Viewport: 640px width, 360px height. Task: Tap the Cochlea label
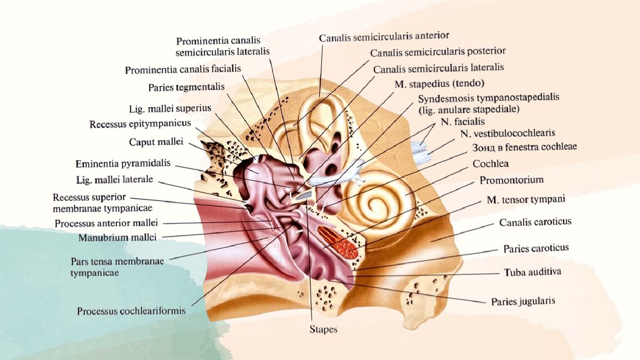pos(490,164)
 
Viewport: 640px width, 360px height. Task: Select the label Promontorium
pos(511,180)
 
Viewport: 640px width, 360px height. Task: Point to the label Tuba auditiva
pos(532,272)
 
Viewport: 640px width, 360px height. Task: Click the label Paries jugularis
pos(522,301)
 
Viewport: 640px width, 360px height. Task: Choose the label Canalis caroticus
pos(535,222)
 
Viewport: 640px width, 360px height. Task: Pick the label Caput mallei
pos(156,142)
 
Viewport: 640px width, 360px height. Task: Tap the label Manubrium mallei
pos(117,237)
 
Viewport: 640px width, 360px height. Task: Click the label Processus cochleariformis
pos(131,311)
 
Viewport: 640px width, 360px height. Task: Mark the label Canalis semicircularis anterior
pos(384,37)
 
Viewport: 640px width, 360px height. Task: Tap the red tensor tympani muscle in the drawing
pos(337,242)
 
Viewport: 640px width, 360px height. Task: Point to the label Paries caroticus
pos(536,248)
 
